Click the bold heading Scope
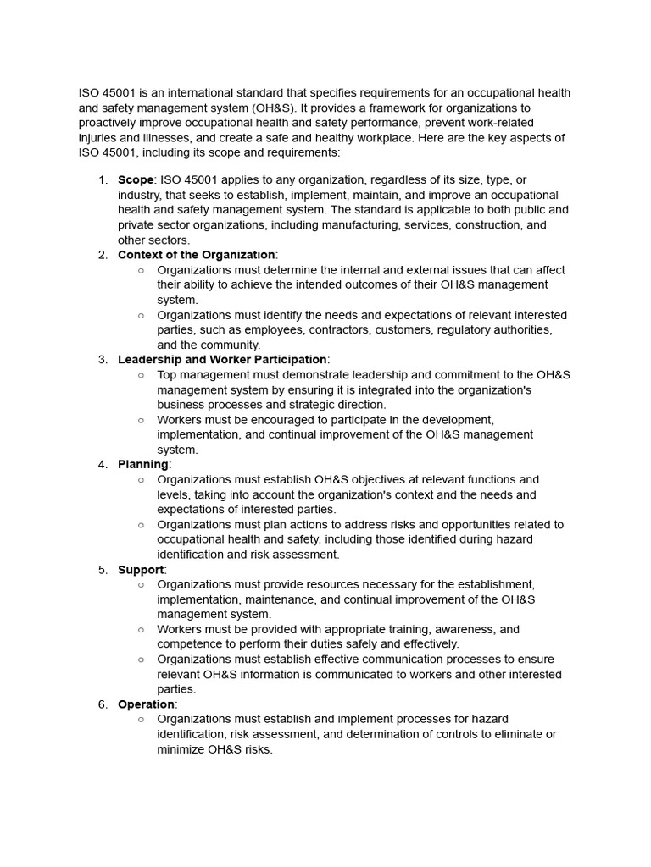(136, 179)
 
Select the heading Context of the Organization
(196, 254)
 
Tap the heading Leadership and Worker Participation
(222, 359)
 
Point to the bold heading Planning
(142, 464)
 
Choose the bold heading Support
(141, 569)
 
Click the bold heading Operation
(146, 704)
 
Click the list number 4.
(103, 464)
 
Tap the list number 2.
(103, 254)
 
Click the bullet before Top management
(141, 374)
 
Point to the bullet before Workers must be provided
(141, 629)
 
